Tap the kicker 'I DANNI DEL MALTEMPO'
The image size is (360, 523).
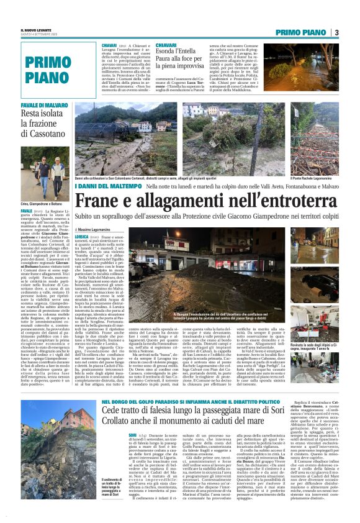[121, 186]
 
